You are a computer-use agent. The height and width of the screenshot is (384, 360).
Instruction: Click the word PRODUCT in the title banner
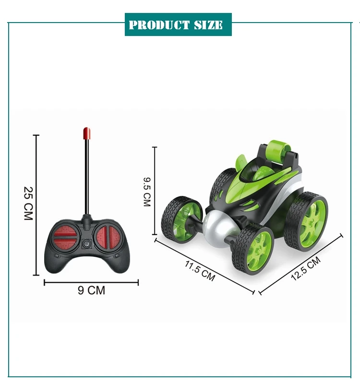(159, 25)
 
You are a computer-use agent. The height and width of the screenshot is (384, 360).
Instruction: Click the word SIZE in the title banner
(208, 25)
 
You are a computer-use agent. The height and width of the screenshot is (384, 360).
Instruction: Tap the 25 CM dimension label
(28, 204)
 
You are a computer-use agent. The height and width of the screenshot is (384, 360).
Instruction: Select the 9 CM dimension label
(91, 290)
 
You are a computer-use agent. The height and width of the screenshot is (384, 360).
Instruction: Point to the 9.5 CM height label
(147, 192)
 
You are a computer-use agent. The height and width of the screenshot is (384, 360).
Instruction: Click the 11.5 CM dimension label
(200, 271)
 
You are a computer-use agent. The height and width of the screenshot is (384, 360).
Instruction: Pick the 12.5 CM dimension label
(306, 268)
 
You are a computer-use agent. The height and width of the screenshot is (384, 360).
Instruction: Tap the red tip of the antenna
(87, 133)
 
